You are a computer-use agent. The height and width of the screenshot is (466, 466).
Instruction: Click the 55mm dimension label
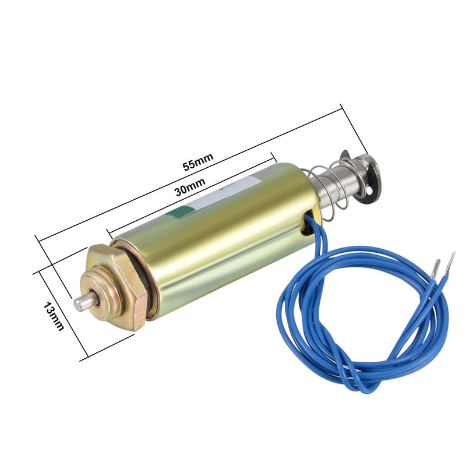(198, 162)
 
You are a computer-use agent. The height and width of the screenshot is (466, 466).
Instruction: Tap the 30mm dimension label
(190, 187)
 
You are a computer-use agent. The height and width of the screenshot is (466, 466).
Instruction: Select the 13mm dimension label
(54, 316)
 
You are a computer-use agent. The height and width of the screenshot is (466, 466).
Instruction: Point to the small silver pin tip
(81, 303)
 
